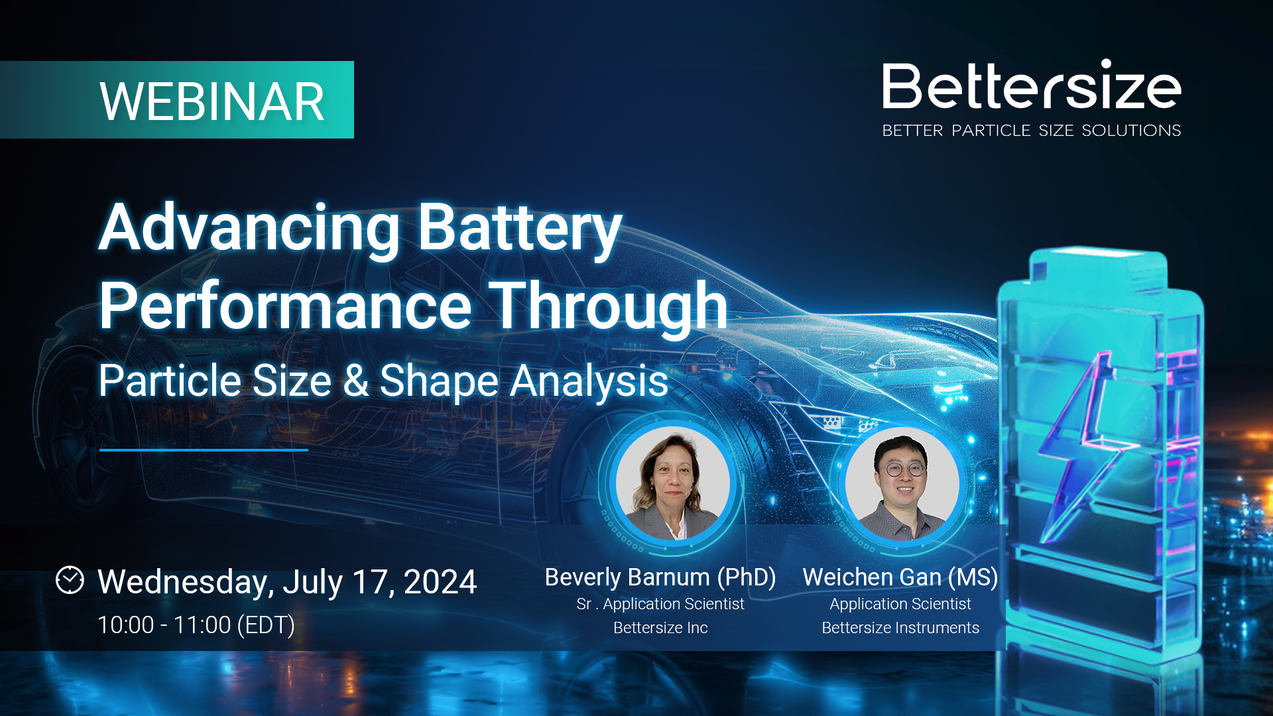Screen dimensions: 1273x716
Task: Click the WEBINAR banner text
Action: [x=212, y=102]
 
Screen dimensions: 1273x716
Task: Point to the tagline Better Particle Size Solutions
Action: [x=1032, y=131]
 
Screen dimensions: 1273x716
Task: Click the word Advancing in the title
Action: [x=249, y=229]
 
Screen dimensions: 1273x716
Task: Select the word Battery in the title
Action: [x=520, y=229]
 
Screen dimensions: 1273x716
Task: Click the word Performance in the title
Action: [x=285, y=306]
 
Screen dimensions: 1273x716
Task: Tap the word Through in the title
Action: [x=609, y=307]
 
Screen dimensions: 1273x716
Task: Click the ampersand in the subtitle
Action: [x=355, y=381]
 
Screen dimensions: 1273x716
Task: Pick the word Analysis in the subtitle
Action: [x=589, y=382]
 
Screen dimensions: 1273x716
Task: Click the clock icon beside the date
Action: [x=70, y=580]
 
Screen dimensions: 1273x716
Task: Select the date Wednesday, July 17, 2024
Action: [x=287, y=583]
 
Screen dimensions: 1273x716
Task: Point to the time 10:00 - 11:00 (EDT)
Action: [x=196, y=625]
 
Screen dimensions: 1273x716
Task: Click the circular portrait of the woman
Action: [x=673, y=483]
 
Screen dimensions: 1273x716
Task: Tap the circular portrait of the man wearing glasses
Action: [x=902, y=483]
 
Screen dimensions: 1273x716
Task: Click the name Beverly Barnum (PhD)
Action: [x=660, y=577]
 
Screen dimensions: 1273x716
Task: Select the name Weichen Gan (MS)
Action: [x=900, y=577]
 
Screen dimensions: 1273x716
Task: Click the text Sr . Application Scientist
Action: [x=660, y=604]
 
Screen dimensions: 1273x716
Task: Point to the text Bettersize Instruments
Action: [x=900, y=628]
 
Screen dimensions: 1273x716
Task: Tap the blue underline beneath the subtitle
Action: [x=204, y=450]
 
